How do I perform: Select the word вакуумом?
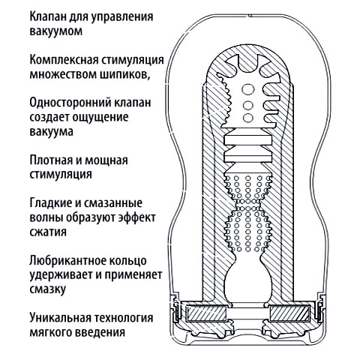(x=56, y=31)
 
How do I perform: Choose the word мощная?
(x=106, y=160)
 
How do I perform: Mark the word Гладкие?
(x=51, y=203)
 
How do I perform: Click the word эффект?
(x=136, y=217)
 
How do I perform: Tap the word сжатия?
(x=48, y=232)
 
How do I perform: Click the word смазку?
(x=48, y=289)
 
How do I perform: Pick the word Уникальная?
(x=60, y=318)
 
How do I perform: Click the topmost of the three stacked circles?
(x=248, y=89)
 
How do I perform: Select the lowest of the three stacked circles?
(x=248, y=118)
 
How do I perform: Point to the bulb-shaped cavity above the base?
(x=247, y=280)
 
